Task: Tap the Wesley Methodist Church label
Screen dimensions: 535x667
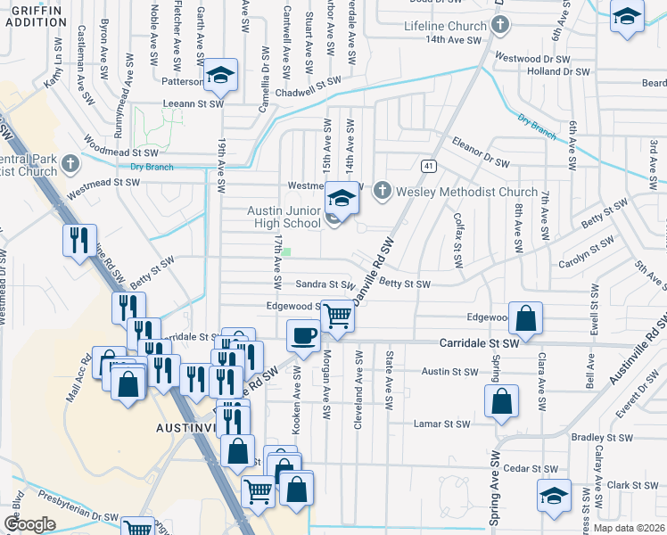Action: point(466,191)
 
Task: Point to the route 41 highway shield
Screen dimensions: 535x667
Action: point(428,166)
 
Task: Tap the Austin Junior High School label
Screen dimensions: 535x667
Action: point(283,217)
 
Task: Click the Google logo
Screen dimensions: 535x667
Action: point(29,524)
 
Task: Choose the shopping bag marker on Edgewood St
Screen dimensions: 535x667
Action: point(527,319)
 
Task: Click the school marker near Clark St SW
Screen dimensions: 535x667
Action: point(553,496)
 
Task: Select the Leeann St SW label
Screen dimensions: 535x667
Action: point(191,104)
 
